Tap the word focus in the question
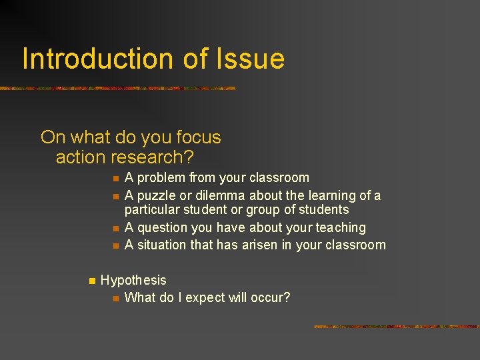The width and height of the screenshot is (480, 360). coord(199,138)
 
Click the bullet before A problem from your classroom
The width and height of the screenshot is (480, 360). coord(115,179)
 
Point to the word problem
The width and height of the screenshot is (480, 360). coord(161,178)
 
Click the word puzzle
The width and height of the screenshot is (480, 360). coord(157,196)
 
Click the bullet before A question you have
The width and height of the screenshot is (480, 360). coord(115,229)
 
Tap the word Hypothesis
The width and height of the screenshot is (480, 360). coord(133,281)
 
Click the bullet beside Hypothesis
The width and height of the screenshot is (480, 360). coord(91,281)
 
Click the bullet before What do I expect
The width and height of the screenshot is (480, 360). coord(115,298)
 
